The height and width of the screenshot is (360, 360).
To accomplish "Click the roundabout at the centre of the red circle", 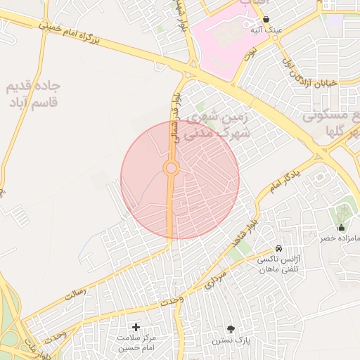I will (170, 169).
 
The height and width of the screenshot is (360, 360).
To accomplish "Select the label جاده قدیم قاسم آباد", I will (33, 94).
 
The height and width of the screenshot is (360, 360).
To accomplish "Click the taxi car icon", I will (279, 249).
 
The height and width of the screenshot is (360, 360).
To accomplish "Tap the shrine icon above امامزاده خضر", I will (341, 227).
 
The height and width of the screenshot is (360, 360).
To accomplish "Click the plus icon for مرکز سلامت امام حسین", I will (136, 327).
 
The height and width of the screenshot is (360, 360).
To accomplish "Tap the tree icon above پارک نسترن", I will (231, 328).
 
